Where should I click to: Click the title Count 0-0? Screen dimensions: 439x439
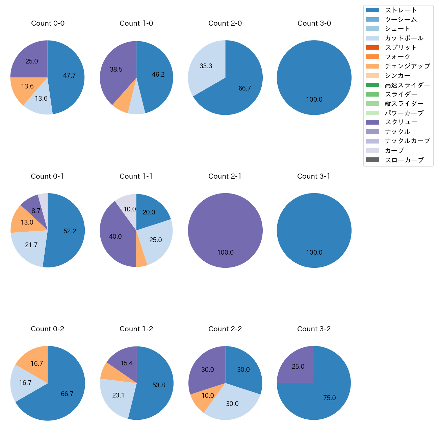pyautogui.click(x=48, y=23)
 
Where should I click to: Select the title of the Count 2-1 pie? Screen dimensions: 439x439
pyautogui.click(x=225, y=176)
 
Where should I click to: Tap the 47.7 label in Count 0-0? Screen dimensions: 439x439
pyautogui.click(x=69, y=76)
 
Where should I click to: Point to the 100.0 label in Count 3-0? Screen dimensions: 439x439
pyautogui.click(x=314, y=100)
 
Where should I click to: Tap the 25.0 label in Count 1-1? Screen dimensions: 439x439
pyautogui.click(x=155, y=240)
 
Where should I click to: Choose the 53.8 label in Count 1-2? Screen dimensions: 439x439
pyautogui.click(x=158, y=385)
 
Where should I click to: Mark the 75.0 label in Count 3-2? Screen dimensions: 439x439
pyautogui.click(x=329, y=398)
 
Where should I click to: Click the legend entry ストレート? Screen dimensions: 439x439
pyautogui.click(x=401, y=10)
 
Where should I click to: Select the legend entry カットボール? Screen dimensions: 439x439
pyautogui.click(x=404, y=38)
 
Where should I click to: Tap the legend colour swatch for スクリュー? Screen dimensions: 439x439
pyautogui.click(x=372, y=122)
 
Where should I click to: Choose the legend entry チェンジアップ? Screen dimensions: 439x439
pyautogui.click(x=407, y=66)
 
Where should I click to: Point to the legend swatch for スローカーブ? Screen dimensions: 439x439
pyautogui.click(x=372, y=160)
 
